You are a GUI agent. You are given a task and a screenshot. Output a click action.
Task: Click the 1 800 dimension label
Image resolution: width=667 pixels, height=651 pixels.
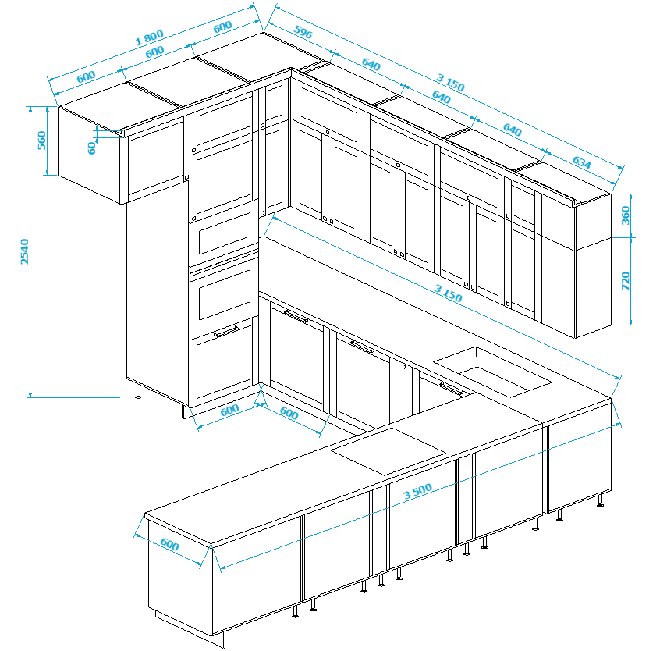(149, 37)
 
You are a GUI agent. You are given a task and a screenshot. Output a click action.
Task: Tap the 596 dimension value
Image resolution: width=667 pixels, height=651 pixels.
(303, 32)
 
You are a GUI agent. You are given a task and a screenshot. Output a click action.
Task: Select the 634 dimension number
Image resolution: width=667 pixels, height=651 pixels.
(581, 162)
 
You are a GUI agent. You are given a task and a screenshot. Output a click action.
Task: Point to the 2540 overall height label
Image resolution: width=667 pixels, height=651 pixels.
(25, 251)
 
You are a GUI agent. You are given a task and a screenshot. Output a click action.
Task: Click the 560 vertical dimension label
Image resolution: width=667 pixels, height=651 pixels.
(41, 141)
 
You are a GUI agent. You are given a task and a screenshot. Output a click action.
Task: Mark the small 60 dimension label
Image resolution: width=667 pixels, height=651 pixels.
(91, 148)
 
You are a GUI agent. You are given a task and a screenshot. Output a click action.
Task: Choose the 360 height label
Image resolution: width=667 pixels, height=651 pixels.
(625, 215)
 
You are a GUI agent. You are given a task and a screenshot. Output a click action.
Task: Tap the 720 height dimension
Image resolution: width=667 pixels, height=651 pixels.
(625, 281)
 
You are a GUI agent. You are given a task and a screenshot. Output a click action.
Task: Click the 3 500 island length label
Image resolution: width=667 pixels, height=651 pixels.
(417, 491)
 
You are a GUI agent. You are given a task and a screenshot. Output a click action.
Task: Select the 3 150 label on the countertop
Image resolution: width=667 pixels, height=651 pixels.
(448, 293)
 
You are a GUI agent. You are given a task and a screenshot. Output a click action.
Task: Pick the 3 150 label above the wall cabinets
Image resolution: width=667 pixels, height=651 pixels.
(450, 83)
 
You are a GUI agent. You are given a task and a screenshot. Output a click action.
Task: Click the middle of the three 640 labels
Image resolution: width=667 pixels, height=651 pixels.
(441, 98)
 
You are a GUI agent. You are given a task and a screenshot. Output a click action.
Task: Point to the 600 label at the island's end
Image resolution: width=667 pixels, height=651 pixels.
(169, 544)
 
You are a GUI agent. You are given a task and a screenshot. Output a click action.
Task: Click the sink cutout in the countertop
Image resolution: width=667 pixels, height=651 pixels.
(492, 372)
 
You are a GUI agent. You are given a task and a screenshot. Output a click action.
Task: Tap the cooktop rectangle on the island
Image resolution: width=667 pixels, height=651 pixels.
(388, 451)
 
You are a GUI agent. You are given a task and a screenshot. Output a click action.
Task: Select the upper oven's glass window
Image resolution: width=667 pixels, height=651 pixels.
(225, 233)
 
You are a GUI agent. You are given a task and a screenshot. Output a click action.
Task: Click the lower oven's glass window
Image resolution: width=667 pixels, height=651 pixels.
(225, 294)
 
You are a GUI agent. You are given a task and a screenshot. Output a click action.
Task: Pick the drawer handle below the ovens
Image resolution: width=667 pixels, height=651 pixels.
(226, 331)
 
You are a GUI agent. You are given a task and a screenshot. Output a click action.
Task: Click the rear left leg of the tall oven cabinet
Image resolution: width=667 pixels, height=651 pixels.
(138, 391)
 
